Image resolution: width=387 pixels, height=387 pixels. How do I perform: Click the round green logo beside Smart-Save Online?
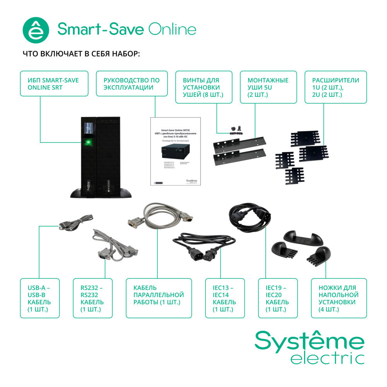pos(36,30)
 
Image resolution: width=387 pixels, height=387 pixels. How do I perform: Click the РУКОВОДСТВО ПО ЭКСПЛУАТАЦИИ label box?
pos(132,84)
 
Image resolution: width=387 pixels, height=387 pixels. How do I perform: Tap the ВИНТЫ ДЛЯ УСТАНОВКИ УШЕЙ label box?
pos(204,87)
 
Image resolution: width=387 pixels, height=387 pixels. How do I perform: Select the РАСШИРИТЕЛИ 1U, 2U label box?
pos(336,87)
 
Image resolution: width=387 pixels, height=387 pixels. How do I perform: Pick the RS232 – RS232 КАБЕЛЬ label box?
pos(93,298)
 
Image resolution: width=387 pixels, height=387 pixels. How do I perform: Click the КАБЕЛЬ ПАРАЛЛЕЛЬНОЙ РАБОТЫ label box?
pos(159,298)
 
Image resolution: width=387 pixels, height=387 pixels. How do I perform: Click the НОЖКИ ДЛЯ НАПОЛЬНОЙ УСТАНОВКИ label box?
pos(339,298)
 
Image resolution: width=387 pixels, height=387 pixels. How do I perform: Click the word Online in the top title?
pos(171,30)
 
